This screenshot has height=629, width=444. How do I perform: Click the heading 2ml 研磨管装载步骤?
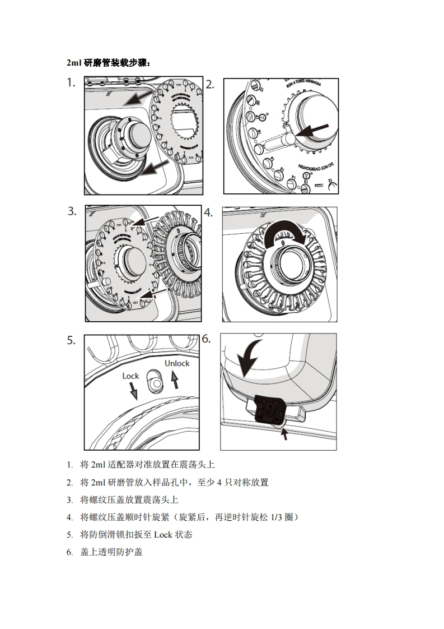[x=108, y=63]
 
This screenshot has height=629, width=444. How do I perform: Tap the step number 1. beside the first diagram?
[x=71, y=83]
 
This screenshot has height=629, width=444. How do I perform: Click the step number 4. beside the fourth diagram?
[x=208, y=212]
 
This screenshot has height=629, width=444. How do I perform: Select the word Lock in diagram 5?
[x=130, y=376]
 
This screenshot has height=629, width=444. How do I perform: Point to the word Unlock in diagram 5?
[x=177, y=363]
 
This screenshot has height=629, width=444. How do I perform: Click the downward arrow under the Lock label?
[x=133, y=391]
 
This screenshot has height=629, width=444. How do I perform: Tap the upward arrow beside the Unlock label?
[x=174, y=382]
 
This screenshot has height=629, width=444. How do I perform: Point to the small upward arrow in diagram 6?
[x=284, y=433]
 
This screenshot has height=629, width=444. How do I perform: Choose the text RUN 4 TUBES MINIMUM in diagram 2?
[x=306, y=87]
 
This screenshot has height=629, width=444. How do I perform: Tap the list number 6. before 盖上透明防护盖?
[x=69, y=552]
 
